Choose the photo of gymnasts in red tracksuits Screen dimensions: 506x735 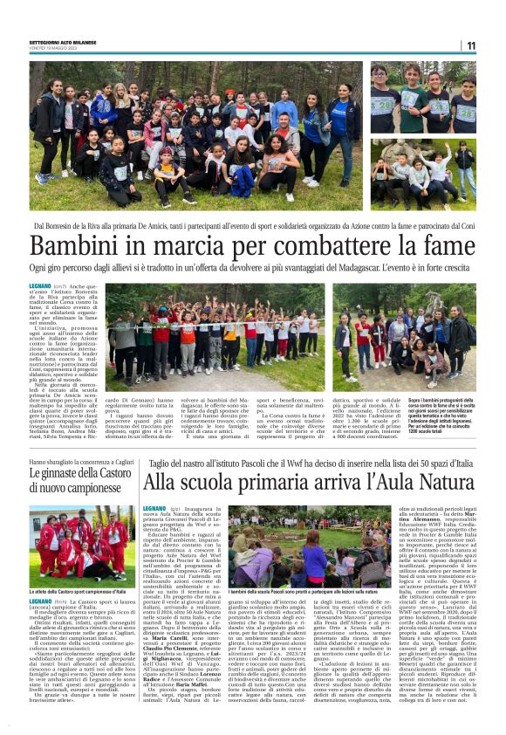pos(83,541)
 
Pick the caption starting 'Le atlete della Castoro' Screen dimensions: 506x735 pos(83,591)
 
